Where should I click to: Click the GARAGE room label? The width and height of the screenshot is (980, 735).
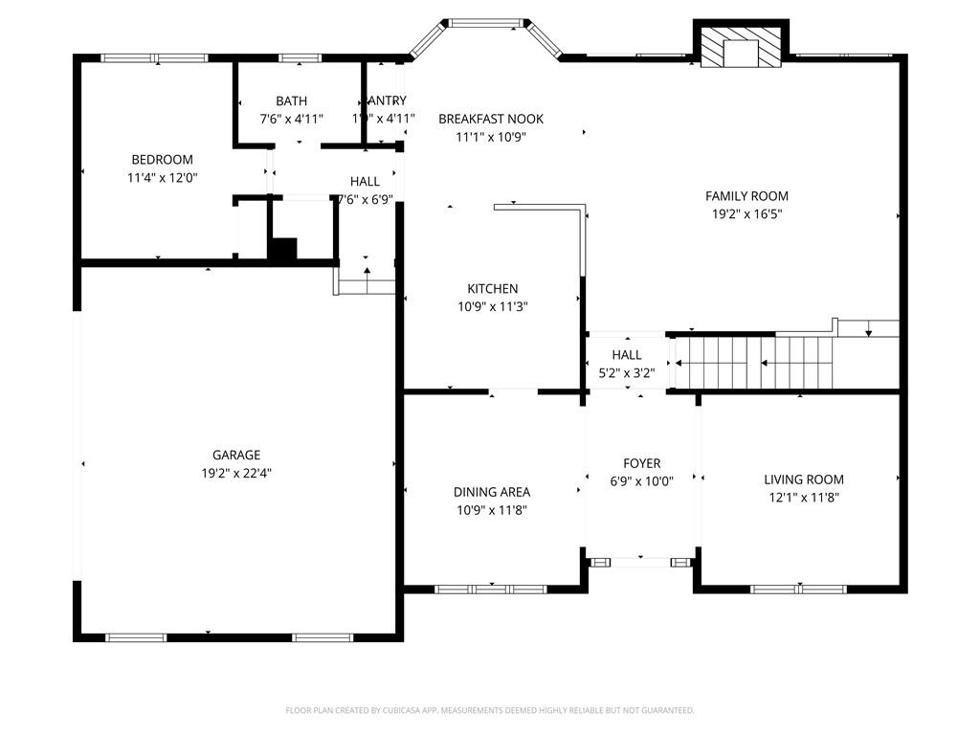click(x=236, y=456)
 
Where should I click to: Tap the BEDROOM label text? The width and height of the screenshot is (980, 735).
click(x=162, y=160)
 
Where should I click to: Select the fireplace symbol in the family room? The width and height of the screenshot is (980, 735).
click(x=740, y=47)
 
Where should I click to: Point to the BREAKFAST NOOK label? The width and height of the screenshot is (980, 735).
click(x=491, y=119)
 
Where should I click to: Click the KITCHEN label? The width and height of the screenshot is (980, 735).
click(x=493, y=289)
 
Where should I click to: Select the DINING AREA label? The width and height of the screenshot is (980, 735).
click(x=492, y=492)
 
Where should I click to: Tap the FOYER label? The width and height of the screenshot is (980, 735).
click(x=641, y=464)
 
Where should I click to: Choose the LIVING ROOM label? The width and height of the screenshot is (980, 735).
click(x=804, y=479)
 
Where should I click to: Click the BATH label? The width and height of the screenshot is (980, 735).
click(x=292, y=100)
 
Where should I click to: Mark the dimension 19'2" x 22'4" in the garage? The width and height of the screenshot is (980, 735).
click(x=236, y=474)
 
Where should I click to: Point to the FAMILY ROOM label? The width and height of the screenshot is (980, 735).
click(x=746, y=196)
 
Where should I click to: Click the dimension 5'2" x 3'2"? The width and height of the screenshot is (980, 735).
click(x=627, y=373)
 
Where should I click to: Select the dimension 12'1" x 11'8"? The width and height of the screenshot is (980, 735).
click(x=804, y=498)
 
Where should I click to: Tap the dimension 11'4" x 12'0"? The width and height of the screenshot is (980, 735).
click(x=162, y=178)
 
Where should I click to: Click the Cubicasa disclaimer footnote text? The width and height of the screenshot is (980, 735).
click(x=490, y=710)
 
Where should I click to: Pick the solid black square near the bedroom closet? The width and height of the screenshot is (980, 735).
click(x=282, y=249)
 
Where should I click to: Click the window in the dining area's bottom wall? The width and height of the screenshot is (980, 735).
click(x=490, y=590)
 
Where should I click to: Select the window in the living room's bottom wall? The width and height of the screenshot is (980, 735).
click(x=798, y=589)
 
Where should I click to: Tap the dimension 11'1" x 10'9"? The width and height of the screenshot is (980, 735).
click(x=491, y=137)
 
